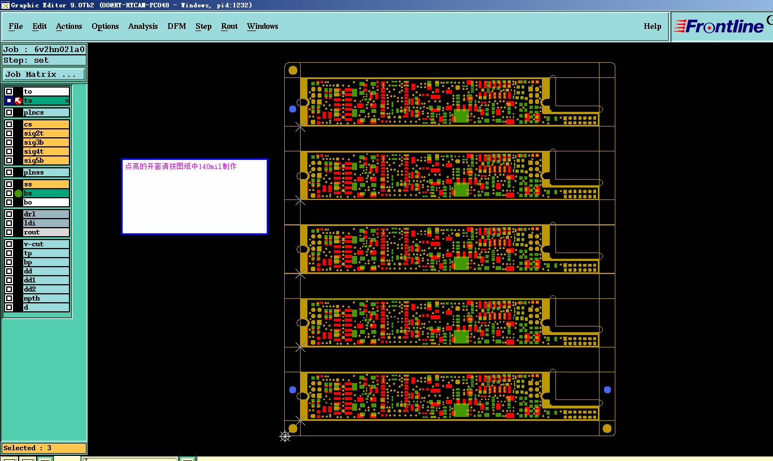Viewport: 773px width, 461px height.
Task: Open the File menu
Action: (16, 27)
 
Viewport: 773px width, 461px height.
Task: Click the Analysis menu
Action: (143, 27)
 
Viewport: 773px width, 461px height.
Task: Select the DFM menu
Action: (177, 27)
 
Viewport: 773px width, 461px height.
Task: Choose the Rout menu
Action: (229, 27)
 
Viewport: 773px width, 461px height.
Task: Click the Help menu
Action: (653, 27)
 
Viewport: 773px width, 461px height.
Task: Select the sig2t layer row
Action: (46, 133)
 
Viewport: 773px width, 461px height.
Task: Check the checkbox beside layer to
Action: (9, 92)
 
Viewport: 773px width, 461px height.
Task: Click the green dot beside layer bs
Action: (18, 193)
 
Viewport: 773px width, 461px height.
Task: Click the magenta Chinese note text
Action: (181, 167)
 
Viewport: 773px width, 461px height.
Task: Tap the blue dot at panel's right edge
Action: (607, 390)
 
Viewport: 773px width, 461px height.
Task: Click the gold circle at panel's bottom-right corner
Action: (607, 428)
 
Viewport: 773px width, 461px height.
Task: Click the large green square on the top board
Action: (461, 116)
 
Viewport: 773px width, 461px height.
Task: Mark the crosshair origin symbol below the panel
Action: (285, 436)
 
